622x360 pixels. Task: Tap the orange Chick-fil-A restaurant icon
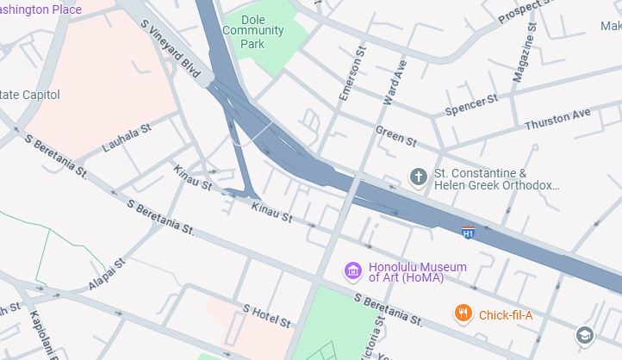pyautogui.click(x=463, y=313)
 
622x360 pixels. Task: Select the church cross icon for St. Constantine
pyautogui.click(x=419, y=177)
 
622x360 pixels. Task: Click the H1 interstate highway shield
pyautogui.click(x=468, y=233)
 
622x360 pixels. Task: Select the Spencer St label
pyautogui.click(x=471, y=106)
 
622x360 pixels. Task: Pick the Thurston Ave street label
pyautogui.click(x=558, y=119)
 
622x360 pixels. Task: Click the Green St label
pyautogui.click(x=395, y=134)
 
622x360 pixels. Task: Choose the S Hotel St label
pyautogui.click(x=267, y=315)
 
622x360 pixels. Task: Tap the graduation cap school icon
pyautogui.click(x=586, y=335)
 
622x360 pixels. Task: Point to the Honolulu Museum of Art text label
pyautogui.click(x=417, y=272)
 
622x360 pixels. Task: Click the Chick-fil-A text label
pyautogui.click(x=506, y=315)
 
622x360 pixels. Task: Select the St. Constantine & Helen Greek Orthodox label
pyautogui.click(x=497, y=178)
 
